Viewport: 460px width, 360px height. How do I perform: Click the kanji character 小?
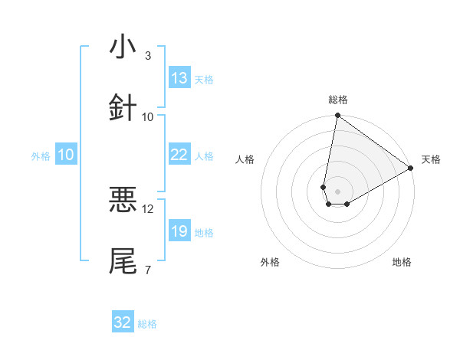tap(123, 47)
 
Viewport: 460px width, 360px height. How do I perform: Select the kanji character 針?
tap(123, 108)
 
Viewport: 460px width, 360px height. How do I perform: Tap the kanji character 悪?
tap(123, 200)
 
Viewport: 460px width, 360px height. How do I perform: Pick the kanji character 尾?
tap(123, 261)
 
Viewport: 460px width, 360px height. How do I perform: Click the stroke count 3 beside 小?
tap(148, 56)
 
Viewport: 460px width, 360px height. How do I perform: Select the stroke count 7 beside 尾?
tap(148, 270)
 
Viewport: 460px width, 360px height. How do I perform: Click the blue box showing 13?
tap(179, 78)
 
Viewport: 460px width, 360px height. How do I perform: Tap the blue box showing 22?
tap(179, 155)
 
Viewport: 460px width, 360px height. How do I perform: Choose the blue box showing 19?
tap(179, 231)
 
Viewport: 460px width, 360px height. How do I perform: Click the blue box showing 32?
tap(123, 322)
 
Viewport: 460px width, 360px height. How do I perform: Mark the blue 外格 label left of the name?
tap(41, 156)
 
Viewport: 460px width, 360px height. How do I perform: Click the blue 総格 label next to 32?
tap(147, 324)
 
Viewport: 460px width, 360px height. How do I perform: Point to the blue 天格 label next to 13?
tap(204, 80)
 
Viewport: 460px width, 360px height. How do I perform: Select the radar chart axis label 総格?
tap(338, 100)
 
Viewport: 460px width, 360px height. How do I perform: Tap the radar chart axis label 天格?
tap(431, 159)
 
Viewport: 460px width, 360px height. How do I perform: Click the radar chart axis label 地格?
tap(402, 263)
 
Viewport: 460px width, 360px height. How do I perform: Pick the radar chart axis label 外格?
tap(270, 263)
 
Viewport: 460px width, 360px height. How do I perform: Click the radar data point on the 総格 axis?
tap(337, 116)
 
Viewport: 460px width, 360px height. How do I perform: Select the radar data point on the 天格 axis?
tap(411, 169)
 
